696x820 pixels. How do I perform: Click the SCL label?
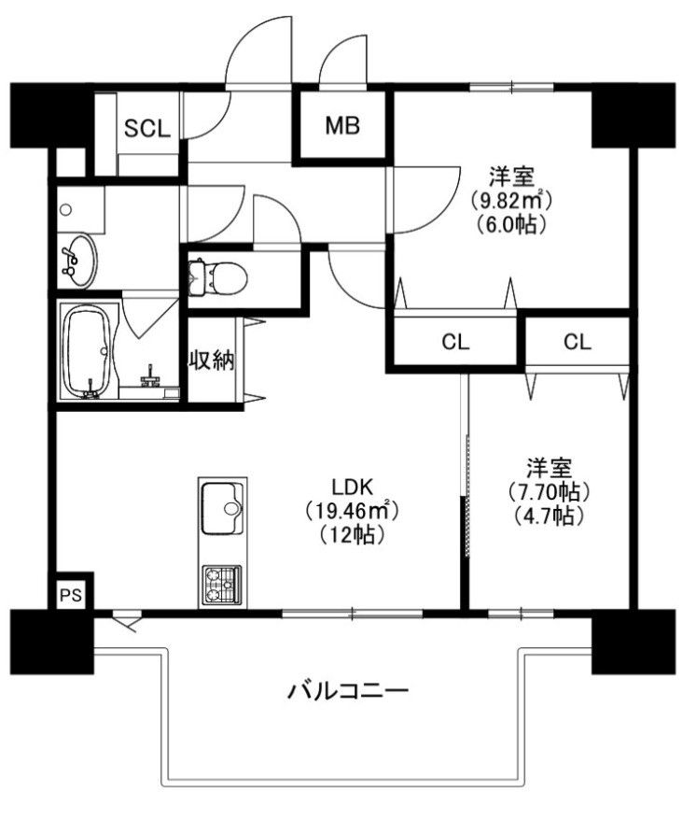pyautogui.click(x=146, y=128)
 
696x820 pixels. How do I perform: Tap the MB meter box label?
pyautogui.click(x=342, y=125)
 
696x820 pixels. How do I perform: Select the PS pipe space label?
pyautogui.click(x=71, y=595)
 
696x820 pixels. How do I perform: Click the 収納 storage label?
pyautogui.click(x=211, y=361)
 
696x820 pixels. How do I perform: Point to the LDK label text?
pyautogui.click(x=352, y=487)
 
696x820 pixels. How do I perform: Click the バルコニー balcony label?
pyautogui.click(x=348, y=692)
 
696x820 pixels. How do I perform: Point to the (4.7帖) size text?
pyautogui.click(x=549, y=516)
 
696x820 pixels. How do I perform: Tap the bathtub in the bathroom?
pyautogui.click(x=88, y=352)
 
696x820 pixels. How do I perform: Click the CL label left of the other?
pyautogui.click(x=455, y=342)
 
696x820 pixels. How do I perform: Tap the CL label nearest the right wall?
pyautogui.click(x=578, y=342)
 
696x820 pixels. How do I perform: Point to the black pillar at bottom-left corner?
pyautogui.click(x=51, y=642)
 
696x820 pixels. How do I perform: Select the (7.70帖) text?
pyautogui.click(x=549, y=491)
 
